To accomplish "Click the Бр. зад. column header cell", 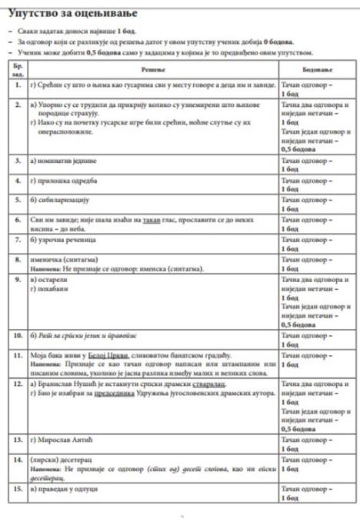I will click(18, 69).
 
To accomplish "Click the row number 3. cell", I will click(18, 161).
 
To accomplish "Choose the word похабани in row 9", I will click(56, 292).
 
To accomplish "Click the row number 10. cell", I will click(18, 336).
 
